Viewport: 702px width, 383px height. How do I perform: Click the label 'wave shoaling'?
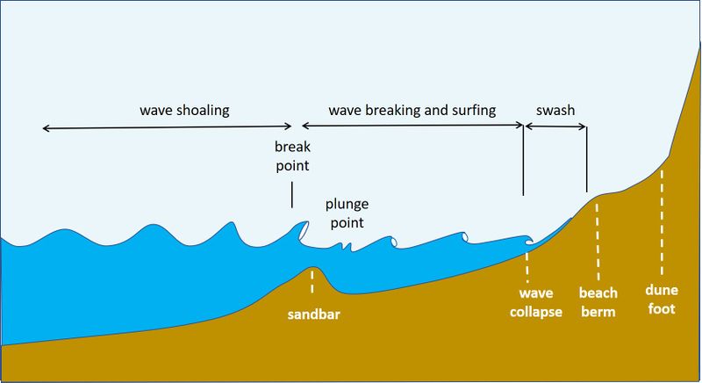(184, 111)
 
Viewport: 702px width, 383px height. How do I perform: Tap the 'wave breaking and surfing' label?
(412, 111)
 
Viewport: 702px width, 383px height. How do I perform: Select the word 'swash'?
(555, 111)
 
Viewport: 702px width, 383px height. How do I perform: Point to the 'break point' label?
(292, 155)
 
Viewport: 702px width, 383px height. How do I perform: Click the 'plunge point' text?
(347, 212)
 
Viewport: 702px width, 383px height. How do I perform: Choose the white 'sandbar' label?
(313, 314)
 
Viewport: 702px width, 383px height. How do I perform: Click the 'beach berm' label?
(598, 301)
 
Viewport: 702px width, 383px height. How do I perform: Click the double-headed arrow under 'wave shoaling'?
(167, 128)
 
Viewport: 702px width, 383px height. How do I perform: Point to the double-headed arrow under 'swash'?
(555, 128)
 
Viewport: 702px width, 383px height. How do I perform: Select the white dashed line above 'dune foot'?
(662, 220)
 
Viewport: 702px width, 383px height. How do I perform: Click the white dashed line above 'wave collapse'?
(527, 264)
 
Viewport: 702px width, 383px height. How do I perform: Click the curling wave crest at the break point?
(301, 230)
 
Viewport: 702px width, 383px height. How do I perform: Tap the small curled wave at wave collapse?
(527, 237)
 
